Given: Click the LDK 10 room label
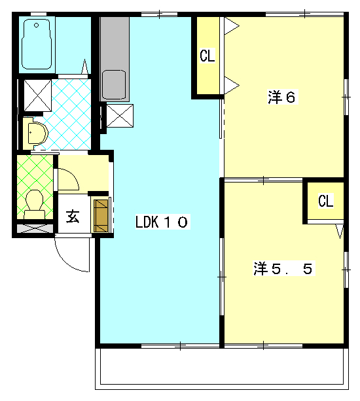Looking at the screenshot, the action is pyautogui.click(x=162, y=222).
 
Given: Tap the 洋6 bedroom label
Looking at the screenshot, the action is pyautogui.click(x=282, y=97).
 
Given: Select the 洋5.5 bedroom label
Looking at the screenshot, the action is pyautogui.click(x=283, y=268).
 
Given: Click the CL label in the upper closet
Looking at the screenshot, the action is pyautogui.click(x=207, y=56).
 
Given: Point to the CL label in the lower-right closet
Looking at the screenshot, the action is pyautogui.click(x=326, y=201).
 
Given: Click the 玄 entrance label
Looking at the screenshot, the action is pyautogui.click(x=73, y=217).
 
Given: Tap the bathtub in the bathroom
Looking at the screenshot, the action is pyautogui.click(x=37, y=44).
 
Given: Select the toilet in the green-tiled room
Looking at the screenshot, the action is pyautogui.click(x=35, y=204).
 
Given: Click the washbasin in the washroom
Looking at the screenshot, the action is pyautogui.click(x=36, y=133).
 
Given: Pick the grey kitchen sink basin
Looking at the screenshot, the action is pyautogui.click(x=114, y=84).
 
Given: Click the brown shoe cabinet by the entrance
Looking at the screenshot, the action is pyautogui.click(x=101, y=216).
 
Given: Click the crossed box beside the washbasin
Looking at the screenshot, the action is pyautogui.click(x=37, y=96).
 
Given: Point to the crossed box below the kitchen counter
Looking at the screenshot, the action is pyautogui.click(x=120, y=116).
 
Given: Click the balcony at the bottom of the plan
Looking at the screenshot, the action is pyautogui.click(x=222, y=368).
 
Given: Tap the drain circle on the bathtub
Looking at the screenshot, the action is pyautogui.click(x=37, y=25).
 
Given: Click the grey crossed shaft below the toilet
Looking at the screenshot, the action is pyautogui.click(x=35, y=228).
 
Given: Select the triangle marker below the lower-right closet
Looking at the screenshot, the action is pyautogui.click(x=340, y=231).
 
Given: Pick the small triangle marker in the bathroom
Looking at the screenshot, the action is pyautogui.click(x=84, y=66).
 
